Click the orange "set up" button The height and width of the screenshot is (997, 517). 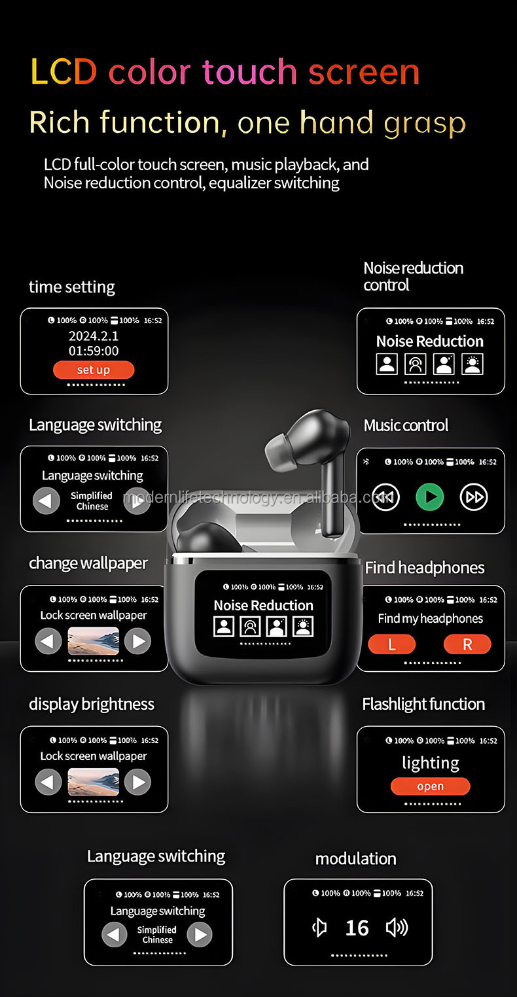point(94,370)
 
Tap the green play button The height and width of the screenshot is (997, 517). point(430,497)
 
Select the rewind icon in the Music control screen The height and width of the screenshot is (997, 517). point(385,497)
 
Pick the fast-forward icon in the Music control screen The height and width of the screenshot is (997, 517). point(474,497)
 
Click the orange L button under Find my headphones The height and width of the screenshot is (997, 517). point(391,644)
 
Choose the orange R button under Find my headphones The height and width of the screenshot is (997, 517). point(467,644)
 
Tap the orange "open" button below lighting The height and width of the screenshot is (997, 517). point(430,786)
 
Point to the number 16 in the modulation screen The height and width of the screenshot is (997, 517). point(357,928)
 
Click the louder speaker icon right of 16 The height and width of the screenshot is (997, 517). point(397,927)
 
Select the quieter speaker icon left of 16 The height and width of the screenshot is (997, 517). point(319,927)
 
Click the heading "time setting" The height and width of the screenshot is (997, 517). point(72,287)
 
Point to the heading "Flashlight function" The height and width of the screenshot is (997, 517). point(423,704)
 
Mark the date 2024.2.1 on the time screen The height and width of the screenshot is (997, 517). point(94,336)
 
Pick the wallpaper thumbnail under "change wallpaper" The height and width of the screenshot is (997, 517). point(94,641)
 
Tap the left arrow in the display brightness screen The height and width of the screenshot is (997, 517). point(48,782)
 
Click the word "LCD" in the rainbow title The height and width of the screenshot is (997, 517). point(63,73)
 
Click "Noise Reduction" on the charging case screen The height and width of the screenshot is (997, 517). point(263,605)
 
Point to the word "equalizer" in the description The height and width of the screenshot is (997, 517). point(239,183)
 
